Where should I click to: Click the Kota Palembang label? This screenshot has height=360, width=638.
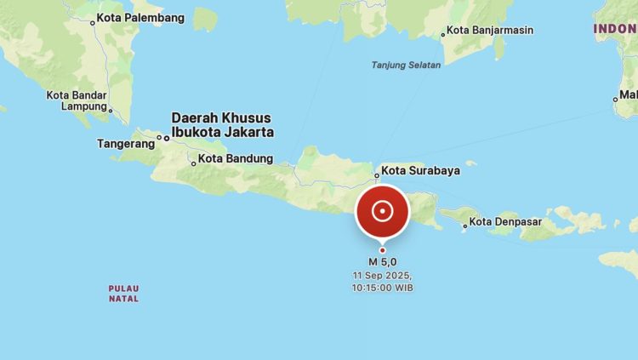(140, 18)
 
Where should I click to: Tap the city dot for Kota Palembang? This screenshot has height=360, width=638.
(93, 22)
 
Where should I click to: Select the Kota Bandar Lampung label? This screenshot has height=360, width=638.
(77, 100)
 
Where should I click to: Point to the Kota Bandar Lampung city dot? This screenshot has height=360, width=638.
(111, 109)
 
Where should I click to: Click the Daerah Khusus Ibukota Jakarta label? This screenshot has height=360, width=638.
(222, 124)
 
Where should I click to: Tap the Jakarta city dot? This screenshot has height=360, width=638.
(166, 137)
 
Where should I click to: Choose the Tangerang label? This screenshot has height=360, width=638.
(126, 144)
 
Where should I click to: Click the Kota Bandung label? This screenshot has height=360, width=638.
(236, 158)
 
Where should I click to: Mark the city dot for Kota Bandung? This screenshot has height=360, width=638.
(194, 163)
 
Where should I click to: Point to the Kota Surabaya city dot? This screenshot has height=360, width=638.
(377, 176)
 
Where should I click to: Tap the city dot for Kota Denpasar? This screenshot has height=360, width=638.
(465, 226)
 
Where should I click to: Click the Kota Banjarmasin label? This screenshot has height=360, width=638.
(491, 31)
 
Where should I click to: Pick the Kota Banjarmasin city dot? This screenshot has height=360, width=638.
(443, 35)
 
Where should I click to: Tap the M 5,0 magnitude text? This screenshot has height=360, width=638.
(383, 261)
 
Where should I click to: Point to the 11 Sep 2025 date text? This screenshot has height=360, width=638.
(383, 276)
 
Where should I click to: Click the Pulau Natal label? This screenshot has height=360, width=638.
(123, 294)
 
